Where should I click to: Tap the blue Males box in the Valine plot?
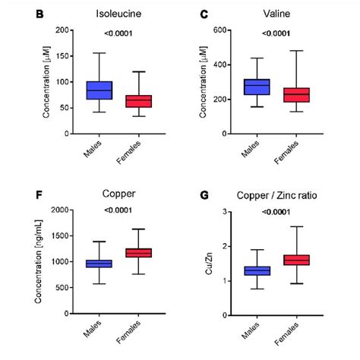point(257,87)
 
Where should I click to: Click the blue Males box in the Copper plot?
point(99,264)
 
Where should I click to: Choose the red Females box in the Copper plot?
point(139,252)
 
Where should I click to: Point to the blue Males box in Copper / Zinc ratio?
point(257,270)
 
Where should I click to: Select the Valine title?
point(275,14)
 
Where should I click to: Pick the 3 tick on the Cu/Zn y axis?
point(226,211)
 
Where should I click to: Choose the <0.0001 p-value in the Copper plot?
point(119,210)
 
